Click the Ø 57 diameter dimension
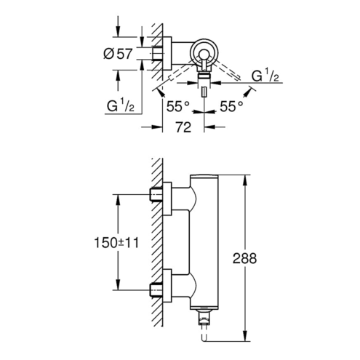[x=118, y=54]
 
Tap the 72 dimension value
[x=183, y=127]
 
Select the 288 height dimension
[x=244, y=258]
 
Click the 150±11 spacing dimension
[x=116, y=243]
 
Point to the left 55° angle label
[x=177, y=106]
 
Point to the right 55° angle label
[x=231, y=106]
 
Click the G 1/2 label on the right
[x=265, y=76]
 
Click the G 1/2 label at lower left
[x=121, y=106]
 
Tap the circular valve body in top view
[x=204, y=52]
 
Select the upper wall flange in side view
[x=167, y=199]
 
